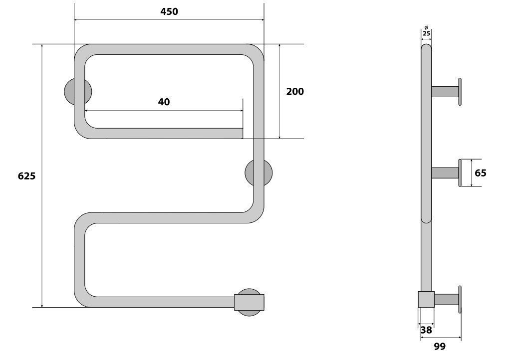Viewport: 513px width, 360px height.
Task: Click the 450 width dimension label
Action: [x=169, y=12]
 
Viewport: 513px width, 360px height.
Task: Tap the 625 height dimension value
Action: [x=26, y=176]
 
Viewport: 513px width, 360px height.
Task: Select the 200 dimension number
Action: [x=295, y=92]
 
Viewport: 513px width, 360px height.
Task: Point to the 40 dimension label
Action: [x=164, y=102]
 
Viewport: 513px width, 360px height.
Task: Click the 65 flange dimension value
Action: [x=480, y=173]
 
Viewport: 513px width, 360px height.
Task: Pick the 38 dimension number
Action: [x=426, y=330]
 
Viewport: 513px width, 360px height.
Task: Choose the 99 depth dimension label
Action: [x=440, y=346]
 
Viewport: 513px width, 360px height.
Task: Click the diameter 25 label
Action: [x=426, y=32]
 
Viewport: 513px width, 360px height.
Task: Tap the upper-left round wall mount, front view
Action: [x=78, y=92]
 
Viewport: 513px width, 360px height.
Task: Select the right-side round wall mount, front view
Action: [x=258, y=173]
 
